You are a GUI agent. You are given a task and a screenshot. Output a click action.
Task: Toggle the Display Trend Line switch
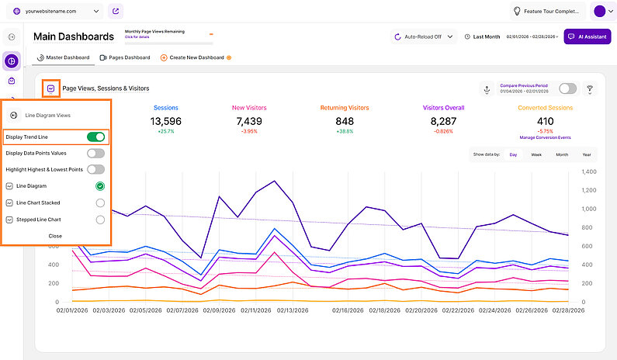pyautogui.click(x=95, y=137)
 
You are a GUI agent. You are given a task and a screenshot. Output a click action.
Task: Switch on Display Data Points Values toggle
pyautogui.click(x=95, y=154)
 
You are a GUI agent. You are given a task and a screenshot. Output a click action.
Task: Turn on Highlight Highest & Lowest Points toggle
pyautogui.click(x=95, y=169)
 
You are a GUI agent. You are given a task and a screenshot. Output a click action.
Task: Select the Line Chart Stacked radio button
pyautogui.click(x=100, y=202)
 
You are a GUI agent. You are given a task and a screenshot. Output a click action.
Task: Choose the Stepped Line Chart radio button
pyautogui.click(x=100, y=220)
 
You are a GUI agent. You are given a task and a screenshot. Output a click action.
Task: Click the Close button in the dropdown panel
pyautogui.click(x=55, y=235)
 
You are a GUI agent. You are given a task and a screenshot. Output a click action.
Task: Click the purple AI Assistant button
pyautogui.click(x=587, y=36)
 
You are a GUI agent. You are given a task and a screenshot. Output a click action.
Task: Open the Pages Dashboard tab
pyautogui.click(x=125, y=57)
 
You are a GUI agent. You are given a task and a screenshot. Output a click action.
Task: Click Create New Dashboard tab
pyautogui.click(x=192, y=57)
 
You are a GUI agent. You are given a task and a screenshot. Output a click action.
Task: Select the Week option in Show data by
pyautogui.click(x=536, y=154)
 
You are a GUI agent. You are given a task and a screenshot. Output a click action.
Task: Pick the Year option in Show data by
pyautogui.click(x=587, y=154)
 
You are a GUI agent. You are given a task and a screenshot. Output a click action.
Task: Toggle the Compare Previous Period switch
pyautogui.click(x=567, y=88)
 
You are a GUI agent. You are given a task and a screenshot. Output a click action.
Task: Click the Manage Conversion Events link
pyautogui.click(x=546, y=137)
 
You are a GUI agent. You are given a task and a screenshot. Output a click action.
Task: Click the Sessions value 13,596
pyautogui.click(x=166, y=121)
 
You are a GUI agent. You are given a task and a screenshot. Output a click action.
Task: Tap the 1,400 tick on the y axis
pyautogui.click(x=588, y=171)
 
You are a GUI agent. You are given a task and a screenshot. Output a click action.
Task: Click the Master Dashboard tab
pyautogui.click(x=64, y=57)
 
